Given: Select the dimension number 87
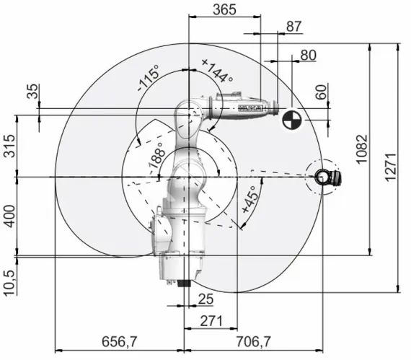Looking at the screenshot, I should pyautogui.click(x=294, y=26).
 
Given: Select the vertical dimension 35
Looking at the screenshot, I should pyautogui.click(x=31, y=92).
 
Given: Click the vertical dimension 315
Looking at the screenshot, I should pyautogui.click(x=8, y=146).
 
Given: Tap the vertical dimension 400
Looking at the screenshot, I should pyautogui.click(x=8, y=215).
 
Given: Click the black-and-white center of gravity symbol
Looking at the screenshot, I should pyautogui.click(x=291, y=119).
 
